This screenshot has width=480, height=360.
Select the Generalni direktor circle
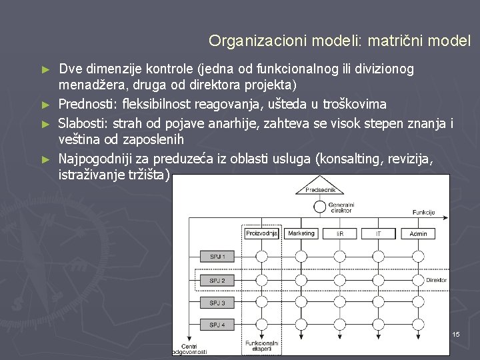tap(320, 207)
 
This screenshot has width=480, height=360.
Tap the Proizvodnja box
tap(262, 233)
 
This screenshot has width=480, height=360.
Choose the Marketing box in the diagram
tap(301, 233)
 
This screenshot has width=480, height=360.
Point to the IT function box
tap(379, 233)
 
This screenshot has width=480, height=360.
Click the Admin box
tap(418, 233)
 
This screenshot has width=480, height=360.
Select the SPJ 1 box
tap(217, 257)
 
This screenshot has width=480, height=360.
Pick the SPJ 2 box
tap(217, 281)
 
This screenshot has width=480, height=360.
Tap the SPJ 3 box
tap(217, 303)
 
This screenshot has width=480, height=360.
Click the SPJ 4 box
tap(217, 325)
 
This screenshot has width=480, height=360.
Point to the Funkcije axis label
tap(424, 212)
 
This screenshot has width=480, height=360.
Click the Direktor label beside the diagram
tap(437, 281)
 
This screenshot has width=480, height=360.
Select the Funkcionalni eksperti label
tap(261, 346)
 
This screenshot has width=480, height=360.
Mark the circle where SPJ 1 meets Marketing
tap(301, 257)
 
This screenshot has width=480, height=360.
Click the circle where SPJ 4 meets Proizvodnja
tap(262, 325)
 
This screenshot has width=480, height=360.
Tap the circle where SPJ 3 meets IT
tap(379, 303)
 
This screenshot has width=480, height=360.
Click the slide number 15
tap(456, 333)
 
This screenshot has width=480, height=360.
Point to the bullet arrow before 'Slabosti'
tap(45, 123)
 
